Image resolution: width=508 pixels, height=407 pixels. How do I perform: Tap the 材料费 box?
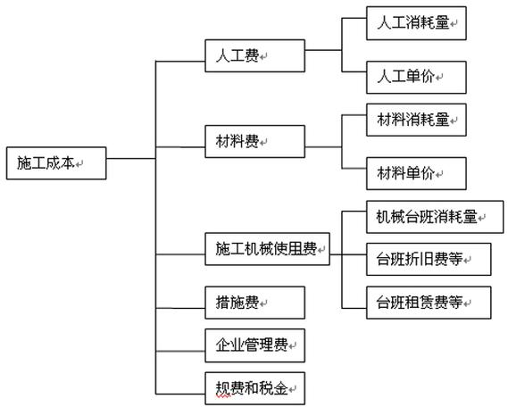(254, 141)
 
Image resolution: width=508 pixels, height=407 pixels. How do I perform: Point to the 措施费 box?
(254, 303)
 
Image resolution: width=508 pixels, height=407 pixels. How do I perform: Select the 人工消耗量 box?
(416, 25)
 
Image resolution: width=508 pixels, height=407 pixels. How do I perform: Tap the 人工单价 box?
(416, 77)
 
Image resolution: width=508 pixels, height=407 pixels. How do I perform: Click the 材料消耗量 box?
(416, 120)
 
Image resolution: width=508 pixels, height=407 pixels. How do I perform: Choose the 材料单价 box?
(416, 171)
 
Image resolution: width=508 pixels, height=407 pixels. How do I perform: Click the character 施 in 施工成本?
(24, 162)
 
